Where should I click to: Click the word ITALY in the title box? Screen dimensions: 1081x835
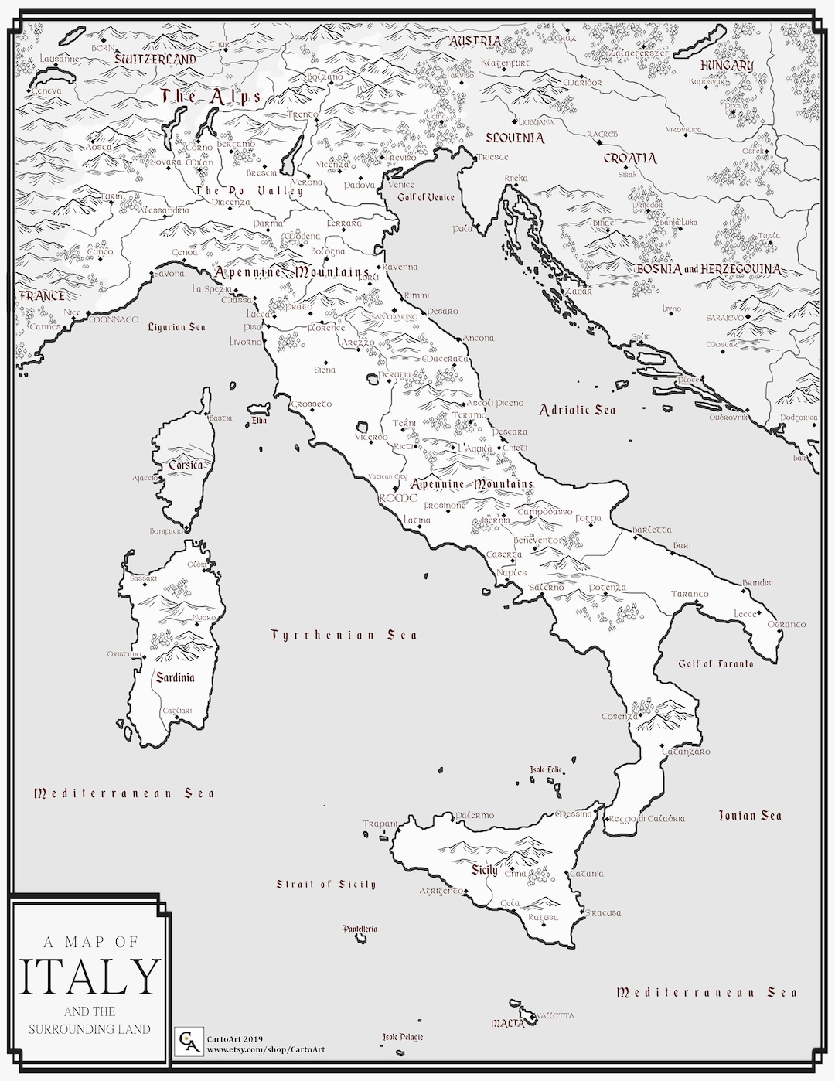click(x=91, y=977)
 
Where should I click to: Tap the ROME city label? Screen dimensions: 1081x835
click(x=397, y=499)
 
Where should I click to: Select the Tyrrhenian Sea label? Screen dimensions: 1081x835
click(x=344, y=635)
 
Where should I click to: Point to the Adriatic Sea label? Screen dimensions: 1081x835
click(x=578, y=410)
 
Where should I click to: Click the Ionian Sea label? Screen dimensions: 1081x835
click(x=750, y=815)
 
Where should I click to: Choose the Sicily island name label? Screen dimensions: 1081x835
click(x=485, y=870)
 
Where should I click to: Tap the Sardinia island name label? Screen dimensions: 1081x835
click(x=176, y=677)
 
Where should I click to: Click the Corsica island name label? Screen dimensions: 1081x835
click(x=186, y=465)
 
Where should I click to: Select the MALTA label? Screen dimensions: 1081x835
click(x=507, y=1022)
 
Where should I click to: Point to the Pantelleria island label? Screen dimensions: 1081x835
click(x=360, y=928)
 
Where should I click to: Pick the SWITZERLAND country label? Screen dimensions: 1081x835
click(x=155, y=59)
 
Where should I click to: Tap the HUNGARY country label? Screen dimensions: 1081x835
click(x=726, y=66)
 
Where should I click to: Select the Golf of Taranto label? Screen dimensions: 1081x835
click(x=715, y=663)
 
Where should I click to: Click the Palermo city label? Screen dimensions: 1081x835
click(x=474, y=816)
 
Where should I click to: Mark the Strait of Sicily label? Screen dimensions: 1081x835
click(x=326, y=884)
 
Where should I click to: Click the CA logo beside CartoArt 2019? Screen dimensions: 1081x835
click(x=186, y=1039)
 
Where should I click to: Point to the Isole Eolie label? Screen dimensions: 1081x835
click(x=547, y=770)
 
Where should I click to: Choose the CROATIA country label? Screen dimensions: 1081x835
click(x=629, y=159)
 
